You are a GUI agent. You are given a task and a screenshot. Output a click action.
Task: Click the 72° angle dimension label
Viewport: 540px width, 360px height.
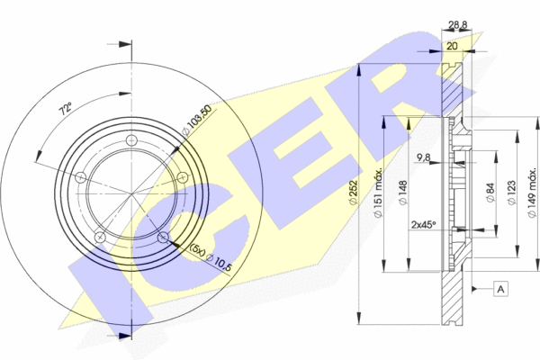[66, 109]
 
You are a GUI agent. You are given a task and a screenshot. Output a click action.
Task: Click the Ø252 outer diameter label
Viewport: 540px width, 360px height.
[353, 193]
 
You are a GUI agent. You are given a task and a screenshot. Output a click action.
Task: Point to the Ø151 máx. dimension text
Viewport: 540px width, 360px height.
[378, 193]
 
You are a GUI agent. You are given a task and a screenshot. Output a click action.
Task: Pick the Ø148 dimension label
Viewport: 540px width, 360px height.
[403, 193]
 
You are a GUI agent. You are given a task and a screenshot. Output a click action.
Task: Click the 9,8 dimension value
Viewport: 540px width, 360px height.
[423, 157]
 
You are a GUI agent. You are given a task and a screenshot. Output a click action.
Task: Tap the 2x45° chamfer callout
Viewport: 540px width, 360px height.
[424, 225]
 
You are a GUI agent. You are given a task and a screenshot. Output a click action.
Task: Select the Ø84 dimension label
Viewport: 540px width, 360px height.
[490, 193]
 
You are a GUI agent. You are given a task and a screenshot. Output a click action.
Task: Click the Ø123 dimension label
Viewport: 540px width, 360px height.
[512, 193]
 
